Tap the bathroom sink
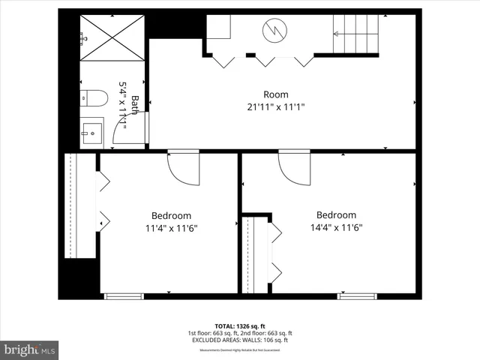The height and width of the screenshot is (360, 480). (x=91, y=132)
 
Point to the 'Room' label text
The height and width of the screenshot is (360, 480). (x=275, y=94)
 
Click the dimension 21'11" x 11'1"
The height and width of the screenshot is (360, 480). (x=275, y=106)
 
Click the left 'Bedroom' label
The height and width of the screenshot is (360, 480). (x=171, y=215)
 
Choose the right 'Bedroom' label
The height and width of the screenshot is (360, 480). (x=335, y=214)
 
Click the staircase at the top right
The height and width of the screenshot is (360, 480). (x=357, y=34)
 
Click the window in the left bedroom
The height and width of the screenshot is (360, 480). (x=124, y=296)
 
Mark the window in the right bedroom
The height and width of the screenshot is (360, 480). (x=356, y=296)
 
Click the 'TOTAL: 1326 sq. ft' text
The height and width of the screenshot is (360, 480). (x=239, y=326)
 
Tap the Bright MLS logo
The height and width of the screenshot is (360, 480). (x=29, y=349)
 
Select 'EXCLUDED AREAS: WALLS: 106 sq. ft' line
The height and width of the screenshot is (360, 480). (x=239, y=340)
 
